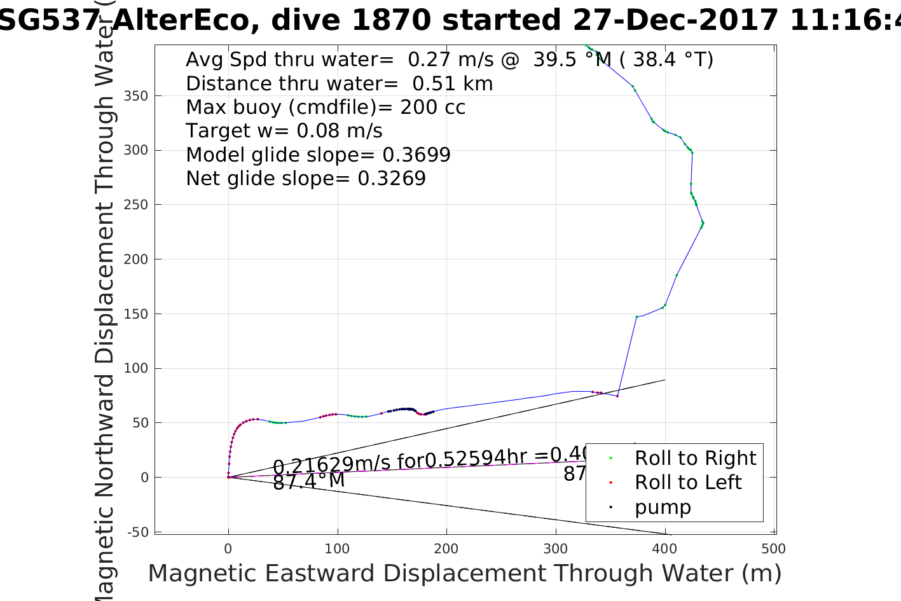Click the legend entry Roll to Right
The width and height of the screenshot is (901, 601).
tap(695, 458)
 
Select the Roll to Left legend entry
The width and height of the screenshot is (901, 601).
tap(688, 482)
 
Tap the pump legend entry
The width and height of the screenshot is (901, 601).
tap(663, 507)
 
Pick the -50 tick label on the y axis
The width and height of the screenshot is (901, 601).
tap(138, 532)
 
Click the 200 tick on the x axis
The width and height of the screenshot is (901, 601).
tap(446, 549)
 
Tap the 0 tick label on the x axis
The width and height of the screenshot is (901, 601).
tap(228, 549)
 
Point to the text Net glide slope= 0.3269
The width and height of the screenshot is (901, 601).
tap(305, 179)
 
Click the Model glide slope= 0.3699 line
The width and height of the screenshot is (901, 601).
tap(318, 155)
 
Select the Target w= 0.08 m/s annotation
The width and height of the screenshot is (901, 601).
tap(284, 131)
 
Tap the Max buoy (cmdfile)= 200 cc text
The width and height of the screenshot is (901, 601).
tap(326, 107)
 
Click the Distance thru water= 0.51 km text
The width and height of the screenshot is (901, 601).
tap(339, 83)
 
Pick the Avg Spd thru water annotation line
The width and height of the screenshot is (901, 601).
tap(449, 60)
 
